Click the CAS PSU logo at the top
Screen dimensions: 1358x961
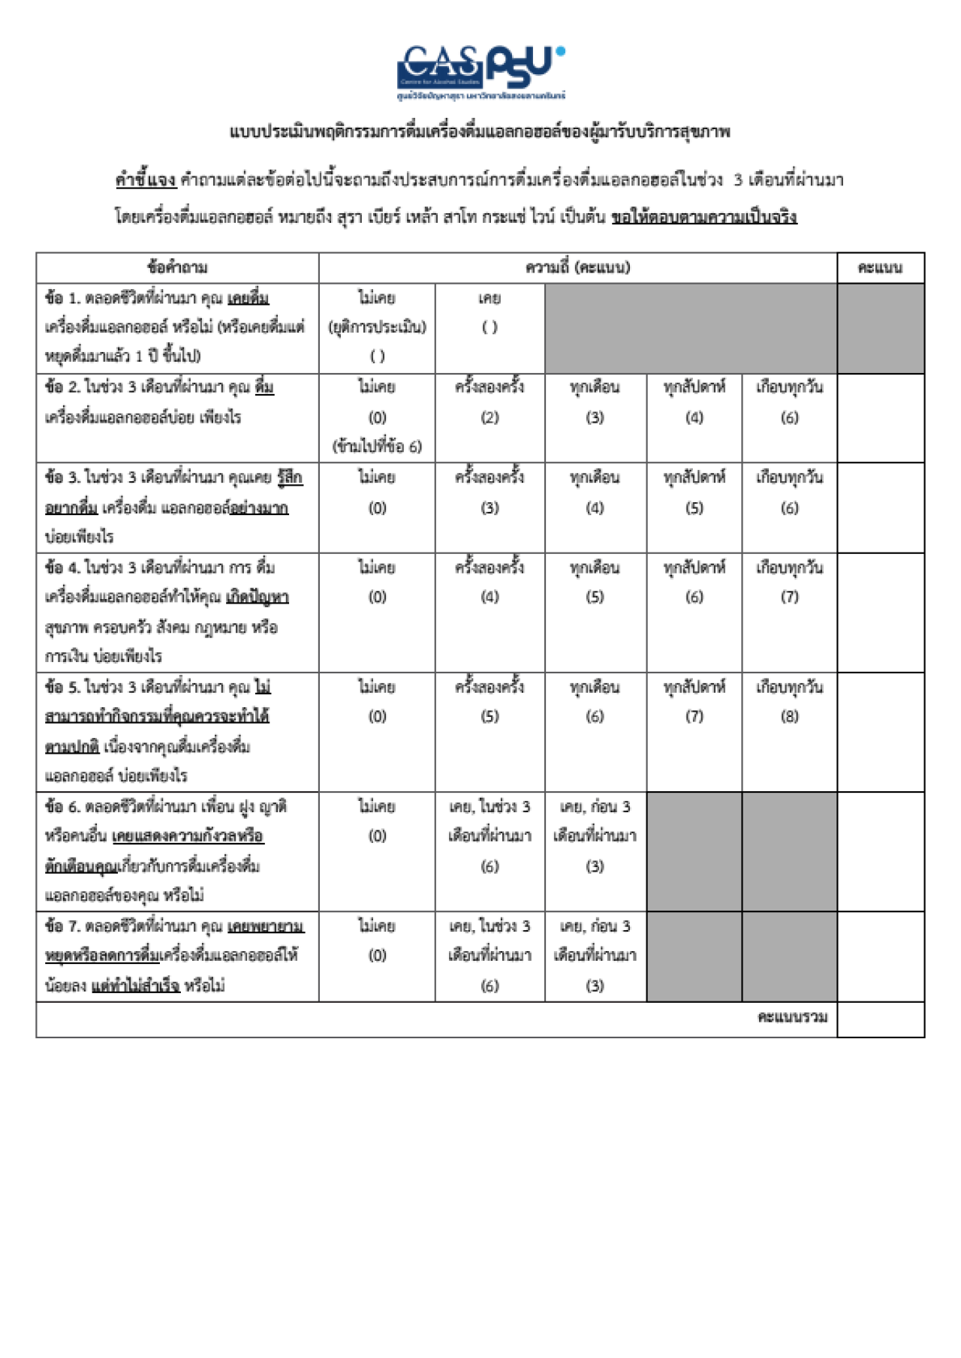(x=480, y=71)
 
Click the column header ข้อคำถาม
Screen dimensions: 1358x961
(x=177, y=267)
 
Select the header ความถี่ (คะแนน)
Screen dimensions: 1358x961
(x=577, y=267)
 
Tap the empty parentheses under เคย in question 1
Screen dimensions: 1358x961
(x=490, y=327)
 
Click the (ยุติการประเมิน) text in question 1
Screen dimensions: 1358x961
(x=377, y=327)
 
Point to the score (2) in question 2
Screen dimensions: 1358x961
(x=490, y=417)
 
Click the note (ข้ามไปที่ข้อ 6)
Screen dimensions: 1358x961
(x=377, y=447)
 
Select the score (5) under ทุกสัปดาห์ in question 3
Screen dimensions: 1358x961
(x=694, y=508)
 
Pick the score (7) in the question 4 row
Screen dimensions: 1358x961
(x=789, y=597)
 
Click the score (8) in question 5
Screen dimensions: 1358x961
(x=789, y=716)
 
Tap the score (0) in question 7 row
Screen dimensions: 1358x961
(x=377, y=956)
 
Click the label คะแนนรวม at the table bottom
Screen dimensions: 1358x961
(x=792, y=1017)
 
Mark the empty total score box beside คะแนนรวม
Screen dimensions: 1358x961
(x=881, y=1019)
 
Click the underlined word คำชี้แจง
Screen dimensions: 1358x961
(x=145, y=180)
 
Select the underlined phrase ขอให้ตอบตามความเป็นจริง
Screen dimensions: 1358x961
(x=703, y=218)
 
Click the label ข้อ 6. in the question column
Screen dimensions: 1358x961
(x=62, y=807)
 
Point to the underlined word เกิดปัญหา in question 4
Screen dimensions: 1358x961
(x=257, y=598)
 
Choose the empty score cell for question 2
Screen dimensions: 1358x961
(x=881, y=417)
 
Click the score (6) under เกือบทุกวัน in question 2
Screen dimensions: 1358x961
(x=789, y=417)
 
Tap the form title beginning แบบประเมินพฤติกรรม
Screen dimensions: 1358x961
(x=480, y=132)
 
